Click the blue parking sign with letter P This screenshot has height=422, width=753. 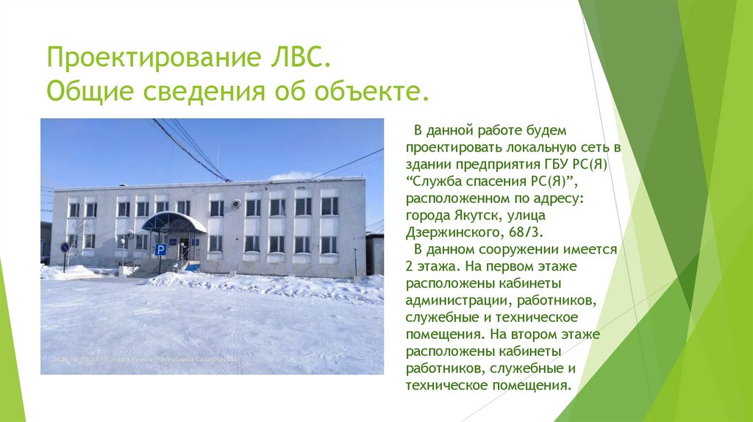[x=160, y=249]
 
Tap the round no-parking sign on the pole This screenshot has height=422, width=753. [x=65, y=248]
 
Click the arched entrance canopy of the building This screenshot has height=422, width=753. [x=174, y=222]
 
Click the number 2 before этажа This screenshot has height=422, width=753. [x=410, y=267]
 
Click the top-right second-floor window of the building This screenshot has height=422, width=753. [x=329, y=207]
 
